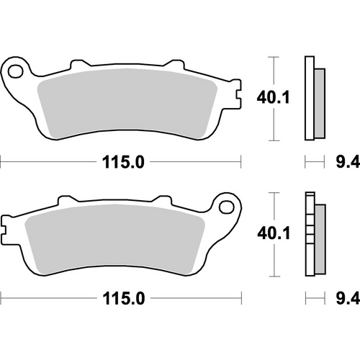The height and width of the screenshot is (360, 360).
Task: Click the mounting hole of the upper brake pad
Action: coord(16,70)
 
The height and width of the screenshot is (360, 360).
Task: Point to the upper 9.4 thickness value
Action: coord(343,163)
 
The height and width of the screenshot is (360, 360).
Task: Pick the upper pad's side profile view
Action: coord(314,97)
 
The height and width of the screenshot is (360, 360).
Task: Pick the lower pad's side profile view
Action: coord(314,234)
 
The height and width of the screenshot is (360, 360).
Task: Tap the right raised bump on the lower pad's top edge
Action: coord(164,199)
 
